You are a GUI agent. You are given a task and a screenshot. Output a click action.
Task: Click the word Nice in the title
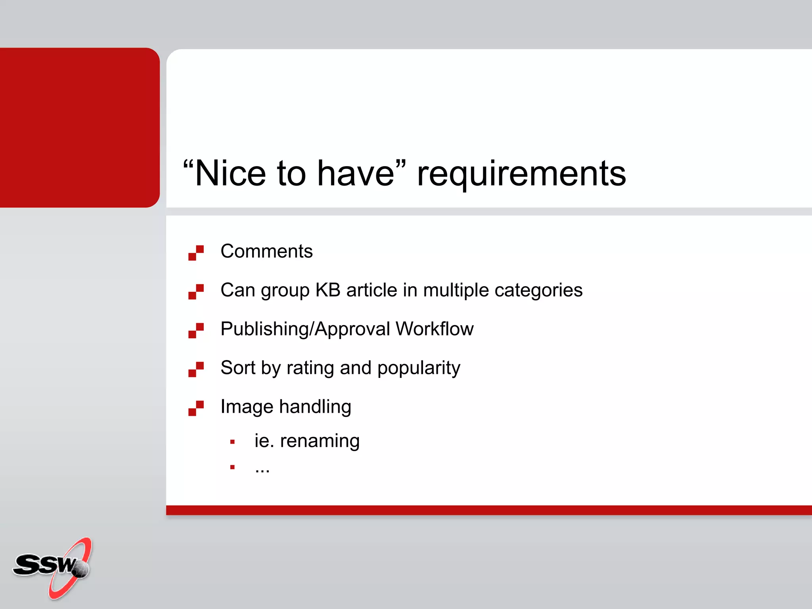click(230, 173)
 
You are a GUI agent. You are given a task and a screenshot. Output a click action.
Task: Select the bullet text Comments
click(266, 251)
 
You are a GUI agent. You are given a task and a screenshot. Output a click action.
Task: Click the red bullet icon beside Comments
click(196, 253)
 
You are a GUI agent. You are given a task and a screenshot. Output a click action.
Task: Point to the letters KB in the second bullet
click(328, 290)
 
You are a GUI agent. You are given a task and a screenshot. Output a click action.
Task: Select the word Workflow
click(435, 329)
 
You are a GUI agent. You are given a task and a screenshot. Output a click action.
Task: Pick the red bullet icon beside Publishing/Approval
click(196, 331)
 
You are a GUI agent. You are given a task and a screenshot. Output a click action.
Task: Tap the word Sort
click(238, 368)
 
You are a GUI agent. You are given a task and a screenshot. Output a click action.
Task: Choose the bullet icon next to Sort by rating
click(196, 370)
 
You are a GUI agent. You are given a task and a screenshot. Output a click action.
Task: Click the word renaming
click(320, 441)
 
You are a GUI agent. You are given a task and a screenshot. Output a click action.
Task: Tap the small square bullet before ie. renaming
click(232, 442)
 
